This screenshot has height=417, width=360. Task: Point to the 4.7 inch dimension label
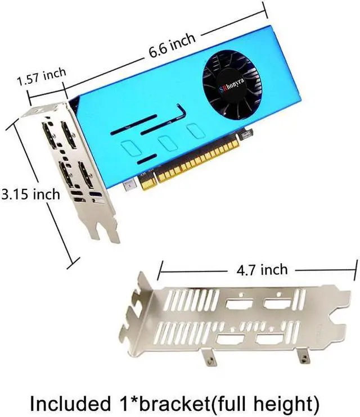pos(259,270)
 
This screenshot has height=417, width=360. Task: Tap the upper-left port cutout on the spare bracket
pos(236,306)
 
